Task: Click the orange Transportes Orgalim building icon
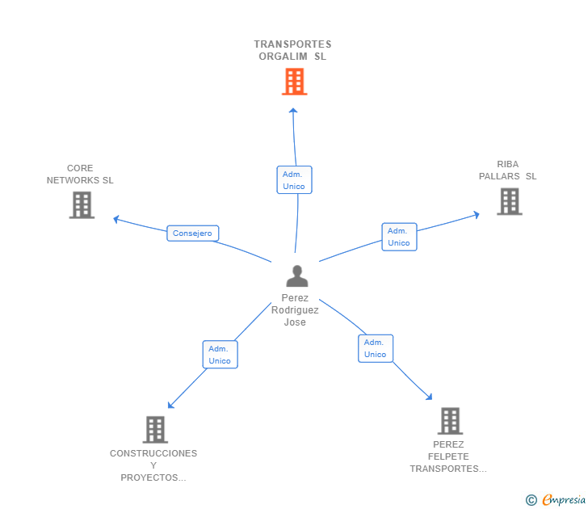294,82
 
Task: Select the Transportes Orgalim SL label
292,50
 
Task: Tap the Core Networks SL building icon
82,205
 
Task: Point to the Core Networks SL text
80,175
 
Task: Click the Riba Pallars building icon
509,201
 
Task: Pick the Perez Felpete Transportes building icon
450,421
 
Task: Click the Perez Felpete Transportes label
448,456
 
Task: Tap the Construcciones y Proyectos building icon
155,429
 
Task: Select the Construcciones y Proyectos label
153,465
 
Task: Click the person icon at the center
297,276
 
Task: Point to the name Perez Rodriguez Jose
295,309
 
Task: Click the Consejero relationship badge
193,233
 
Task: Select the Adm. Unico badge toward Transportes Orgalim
294,180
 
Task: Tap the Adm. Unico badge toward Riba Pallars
399,237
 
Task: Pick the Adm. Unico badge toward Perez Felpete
376,348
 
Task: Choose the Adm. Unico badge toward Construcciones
220,355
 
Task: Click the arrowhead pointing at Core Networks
117,218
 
